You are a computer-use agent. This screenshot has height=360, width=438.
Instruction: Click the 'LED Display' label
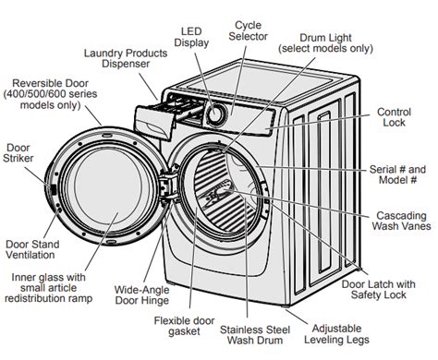[191, 37]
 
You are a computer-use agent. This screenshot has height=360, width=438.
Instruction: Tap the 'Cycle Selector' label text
[248, 30]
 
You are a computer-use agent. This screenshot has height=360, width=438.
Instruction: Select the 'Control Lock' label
[394, 117]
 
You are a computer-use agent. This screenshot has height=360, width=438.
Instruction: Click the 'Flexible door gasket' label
[184, 326]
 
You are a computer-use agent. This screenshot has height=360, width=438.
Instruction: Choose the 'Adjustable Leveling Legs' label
[336, 334]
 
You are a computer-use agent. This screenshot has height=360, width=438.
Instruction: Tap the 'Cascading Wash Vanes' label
[401, 221]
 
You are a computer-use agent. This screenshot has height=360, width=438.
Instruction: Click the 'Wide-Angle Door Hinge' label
[141, 294]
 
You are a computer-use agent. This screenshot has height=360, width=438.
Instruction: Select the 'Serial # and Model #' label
[397, 174]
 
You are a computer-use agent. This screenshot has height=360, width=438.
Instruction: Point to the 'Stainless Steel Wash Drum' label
[255, 335]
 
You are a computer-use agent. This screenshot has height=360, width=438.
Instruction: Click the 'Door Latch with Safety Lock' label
[378, 289]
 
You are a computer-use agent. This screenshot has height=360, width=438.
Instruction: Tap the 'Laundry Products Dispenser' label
[126, 58]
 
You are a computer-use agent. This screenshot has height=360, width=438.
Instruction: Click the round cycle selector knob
[215, 114]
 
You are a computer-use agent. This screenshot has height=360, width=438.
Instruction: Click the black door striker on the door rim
[54, 189]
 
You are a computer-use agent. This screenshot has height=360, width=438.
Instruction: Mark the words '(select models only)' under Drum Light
[325, 49]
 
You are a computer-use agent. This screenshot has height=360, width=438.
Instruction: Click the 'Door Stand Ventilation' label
[32, 249]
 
